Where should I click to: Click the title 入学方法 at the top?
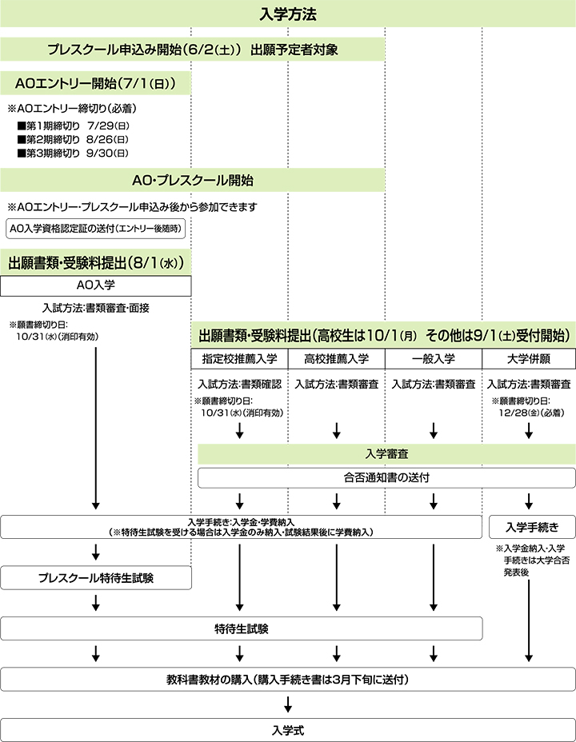tap(288, 14)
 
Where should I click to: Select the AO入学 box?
tap(96, 285)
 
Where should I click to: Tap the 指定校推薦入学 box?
tap(239, 359)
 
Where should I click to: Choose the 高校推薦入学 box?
tap(337, 359)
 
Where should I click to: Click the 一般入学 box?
tap(434, 359)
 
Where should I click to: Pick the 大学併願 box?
tap(529, 359)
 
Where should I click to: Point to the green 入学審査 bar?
tap(386, 454)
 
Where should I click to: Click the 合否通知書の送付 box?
tap(386, 478)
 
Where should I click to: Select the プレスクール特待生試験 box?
tap(96, 578)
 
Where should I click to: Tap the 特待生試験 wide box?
tap(242, 629)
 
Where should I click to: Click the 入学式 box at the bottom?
tap(288, 730)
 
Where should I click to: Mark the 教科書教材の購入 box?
tap(288, 680)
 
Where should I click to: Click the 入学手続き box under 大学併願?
tap(532, 527)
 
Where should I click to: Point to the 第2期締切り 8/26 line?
tap(73, 140)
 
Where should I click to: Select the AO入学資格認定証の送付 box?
tap(96, 229)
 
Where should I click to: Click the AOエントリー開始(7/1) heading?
tap(96, 84)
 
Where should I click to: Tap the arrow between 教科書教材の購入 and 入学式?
tap(288, 704)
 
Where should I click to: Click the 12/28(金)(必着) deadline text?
tap(531, 413)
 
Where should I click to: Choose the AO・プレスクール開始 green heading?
tap(192, 180)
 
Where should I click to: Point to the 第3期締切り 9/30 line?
tap(73, 154)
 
